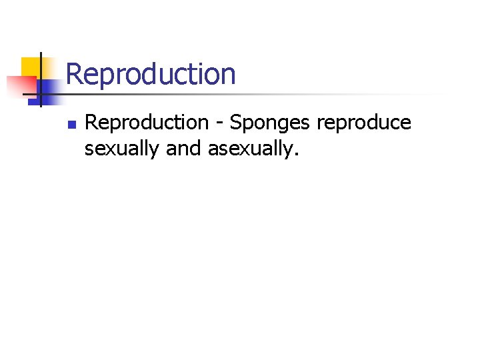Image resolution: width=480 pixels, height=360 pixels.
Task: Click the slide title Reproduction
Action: tap(151, 73)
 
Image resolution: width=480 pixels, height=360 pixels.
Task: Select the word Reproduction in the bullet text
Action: tap(147, 123)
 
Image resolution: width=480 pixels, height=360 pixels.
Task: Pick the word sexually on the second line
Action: tap(122, 149)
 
